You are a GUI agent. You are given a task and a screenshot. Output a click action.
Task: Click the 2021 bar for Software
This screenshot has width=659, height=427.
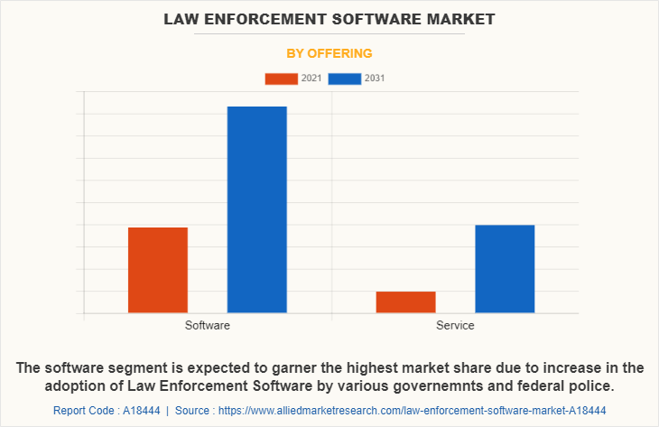158,270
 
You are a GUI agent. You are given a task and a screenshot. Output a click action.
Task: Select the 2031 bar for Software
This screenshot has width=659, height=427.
257,209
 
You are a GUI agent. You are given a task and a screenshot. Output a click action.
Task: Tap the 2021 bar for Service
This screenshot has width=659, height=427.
405,302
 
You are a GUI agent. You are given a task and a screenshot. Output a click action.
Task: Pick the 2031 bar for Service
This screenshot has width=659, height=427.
505,269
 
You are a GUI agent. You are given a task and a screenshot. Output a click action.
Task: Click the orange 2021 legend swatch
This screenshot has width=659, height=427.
281,79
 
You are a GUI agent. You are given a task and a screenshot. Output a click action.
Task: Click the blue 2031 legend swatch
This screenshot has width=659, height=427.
345,79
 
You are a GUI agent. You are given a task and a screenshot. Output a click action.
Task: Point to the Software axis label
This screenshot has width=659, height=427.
207,325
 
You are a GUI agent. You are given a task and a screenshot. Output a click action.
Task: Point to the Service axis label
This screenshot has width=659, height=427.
455,325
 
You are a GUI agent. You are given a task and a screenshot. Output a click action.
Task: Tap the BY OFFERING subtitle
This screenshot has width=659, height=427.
329,53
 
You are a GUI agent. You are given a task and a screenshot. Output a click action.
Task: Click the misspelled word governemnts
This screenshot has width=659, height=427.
454,386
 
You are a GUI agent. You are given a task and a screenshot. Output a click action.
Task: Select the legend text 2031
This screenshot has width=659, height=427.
375,79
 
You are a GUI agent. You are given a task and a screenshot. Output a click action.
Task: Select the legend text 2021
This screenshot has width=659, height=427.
311,79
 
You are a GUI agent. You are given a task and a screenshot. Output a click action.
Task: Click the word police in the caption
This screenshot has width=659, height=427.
589,386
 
